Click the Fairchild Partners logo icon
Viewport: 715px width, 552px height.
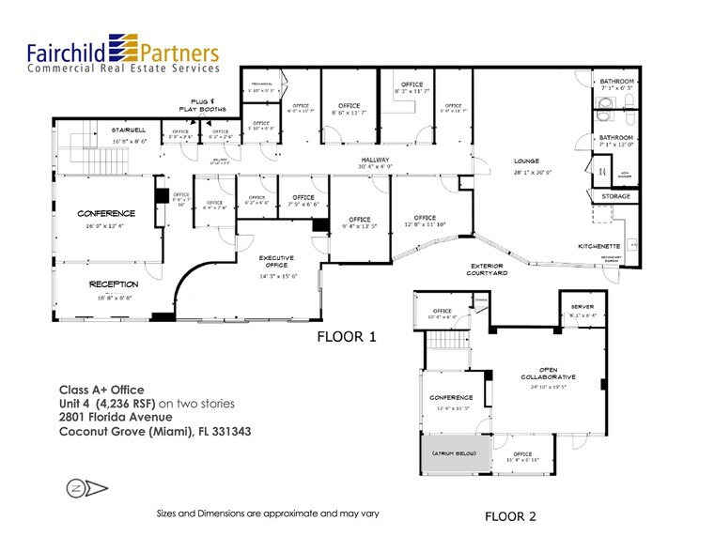124,46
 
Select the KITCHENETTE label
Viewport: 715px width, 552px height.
598,245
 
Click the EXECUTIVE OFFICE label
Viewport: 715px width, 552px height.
276,262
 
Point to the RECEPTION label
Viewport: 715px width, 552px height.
114,284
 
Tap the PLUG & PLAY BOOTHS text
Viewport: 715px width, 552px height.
200,106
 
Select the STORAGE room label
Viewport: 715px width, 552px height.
616,197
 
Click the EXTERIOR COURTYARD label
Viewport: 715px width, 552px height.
489,269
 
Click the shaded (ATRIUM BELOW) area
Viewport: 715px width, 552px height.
454,454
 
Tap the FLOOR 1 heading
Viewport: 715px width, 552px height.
346,336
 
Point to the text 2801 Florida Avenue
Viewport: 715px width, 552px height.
115,418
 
